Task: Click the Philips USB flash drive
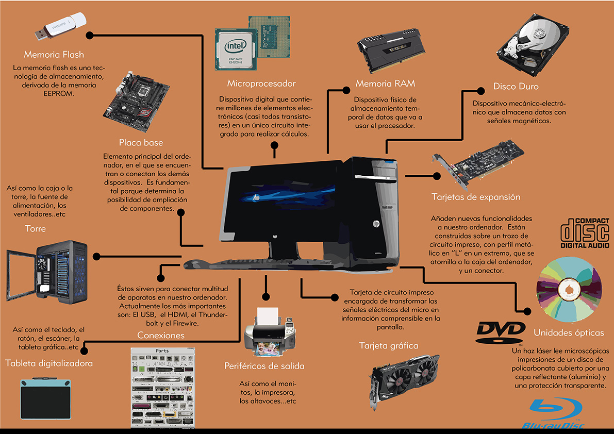60,26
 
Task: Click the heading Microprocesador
261,84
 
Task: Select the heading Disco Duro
516,87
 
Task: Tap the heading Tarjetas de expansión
476,197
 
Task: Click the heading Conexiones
161,336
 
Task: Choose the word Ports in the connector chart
162,351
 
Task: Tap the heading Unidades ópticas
569,332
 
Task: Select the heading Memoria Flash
54,54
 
